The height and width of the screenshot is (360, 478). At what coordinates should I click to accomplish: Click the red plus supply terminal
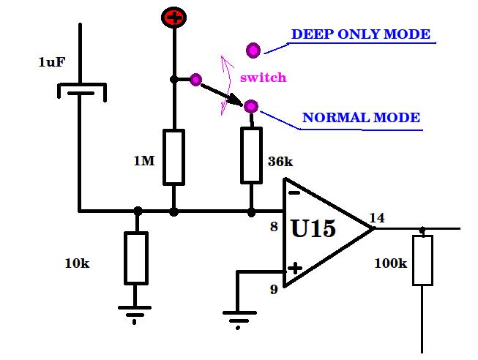tap(173, 18)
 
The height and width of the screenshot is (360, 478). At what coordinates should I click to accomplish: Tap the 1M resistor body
tap(173, 157)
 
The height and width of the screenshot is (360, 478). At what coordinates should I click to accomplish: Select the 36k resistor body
tap(252, 155)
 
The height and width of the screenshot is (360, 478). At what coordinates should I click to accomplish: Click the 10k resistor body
tap(136, 258)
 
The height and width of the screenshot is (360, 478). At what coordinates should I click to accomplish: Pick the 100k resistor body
tap(422, 260)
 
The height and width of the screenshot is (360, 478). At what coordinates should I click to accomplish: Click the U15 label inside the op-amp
tap(313, 228)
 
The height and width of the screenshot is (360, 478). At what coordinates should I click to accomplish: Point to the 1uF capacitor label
tap(52, 62)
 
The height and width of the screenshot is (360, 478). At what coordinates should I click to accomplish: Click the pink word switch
tap(264, 78)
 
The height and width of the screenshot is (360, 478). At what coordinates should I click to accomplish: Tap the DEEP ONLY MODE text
tap(361, 34)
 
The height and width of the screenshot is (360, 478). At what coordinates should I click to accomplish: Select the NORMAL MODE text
tap(361, 118)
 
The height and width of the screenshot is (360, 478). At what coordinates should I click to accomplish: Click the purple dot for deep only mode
tap(253, 50)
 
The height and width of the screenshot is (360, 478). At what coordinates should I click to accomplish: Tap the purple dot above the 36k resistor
tap(251, 106)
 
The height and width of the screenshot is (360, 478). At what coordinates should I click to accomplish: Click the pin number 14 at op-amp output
tap(377, 218)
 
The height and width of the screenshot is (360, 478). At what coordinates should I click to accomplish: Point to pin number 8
tap(274, 227)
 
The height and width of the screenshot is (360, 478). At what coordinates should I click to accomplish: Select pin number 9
tap(274, 289)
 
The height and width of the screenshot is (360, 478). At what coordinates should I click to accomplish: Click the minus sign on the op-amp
tap(294, 192)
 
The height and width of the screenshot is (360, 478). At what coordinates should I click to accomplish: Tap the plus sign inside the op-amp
tap(295, 269)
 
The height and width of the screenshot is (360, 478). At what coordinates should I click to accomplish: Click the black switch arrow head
tap(236, 100)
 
